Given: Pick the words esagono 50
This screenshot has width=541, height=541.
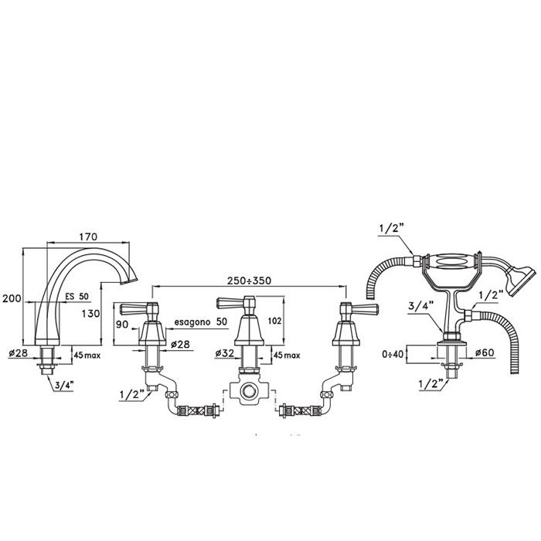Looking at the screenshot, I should (x=201, y=321).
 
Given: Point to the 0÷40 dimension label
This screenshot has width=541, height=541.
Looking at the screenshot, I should (x=393, y=355).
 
